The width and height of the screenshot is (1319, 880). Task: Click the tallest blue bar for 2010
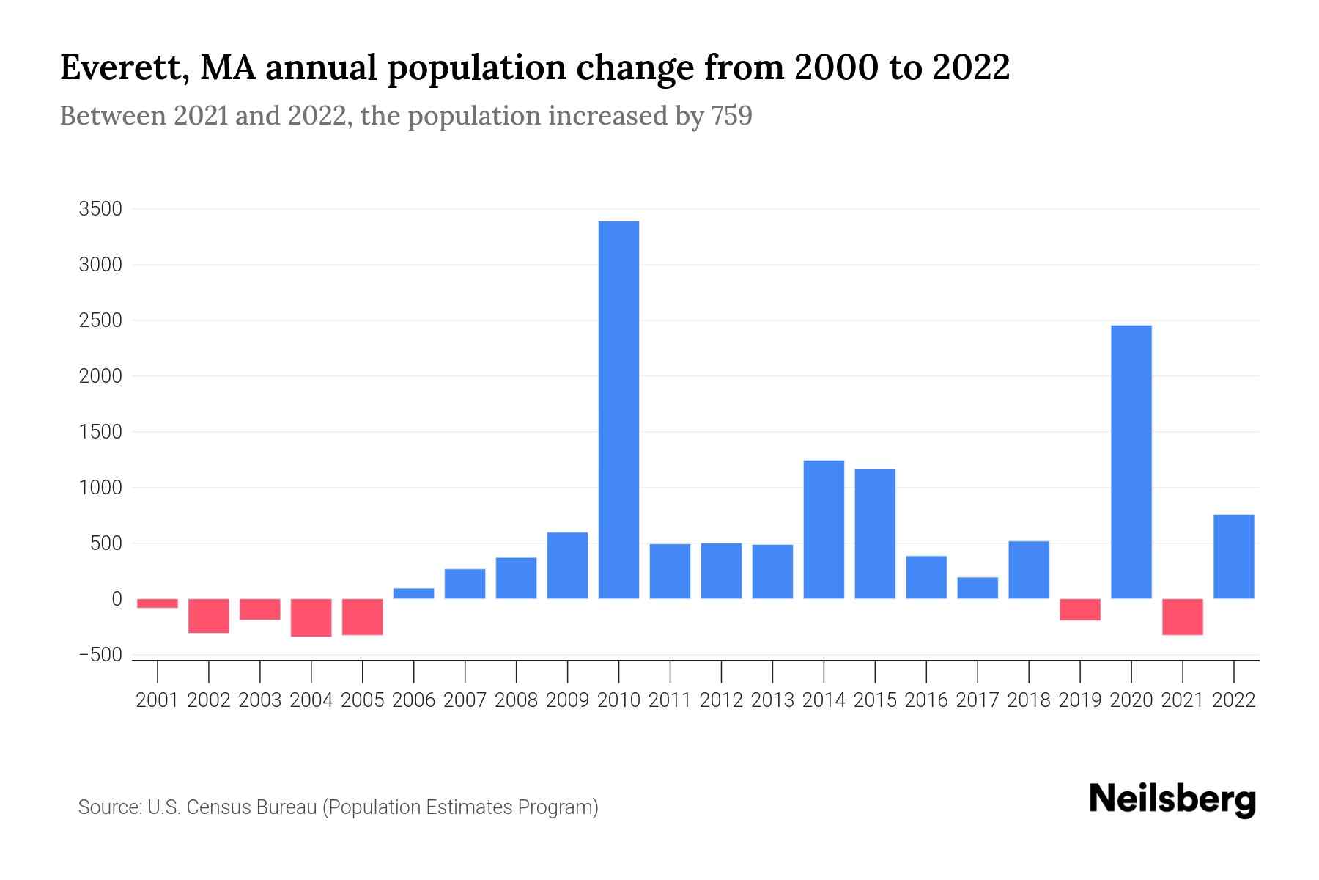pyautogui.click(x=618, y=411)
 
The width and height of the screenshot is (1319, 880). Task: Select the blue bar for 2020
pyautogui.click(x=1131, y=462)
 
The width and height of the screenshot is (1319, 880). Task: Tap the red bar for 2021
pyautogui.click(x=1182, y=617)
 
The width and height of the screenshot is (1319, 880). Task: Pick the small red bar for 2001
pyautogui.click(x=158, y=604)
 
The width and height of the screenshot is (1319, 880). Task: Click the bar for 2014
pyautogui.click(x=824, y=529)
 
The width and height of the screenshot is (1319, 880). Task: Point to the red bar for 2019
pyautogui.click(x=1079, y=609)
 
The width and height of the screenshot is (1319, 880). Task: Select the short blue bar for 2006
pyautogui.click(x=413, y=593)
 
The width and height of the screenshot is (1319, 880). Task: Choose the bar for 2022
pyautogui.click(x=1233, y=557)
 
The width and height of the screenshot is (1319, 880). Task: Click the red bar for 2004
pyautogui.click(x=311, y=617)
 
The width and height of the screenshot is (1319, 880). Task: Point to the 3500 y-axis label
pyautogui.click(x=100, y=209)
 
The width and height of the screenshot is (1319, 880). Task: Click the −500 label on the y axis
pyautogui.click(x=100, y=655)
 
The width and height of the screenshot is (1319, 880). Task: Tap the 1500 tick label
pyautogui.click(x=100, y=432)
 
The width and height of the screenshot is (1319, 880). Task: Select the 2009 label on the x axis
pyautogui.click(x=567, y=700)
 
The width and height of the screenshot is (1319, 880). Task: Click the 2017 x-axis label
pyautogui.click(x=977, y=700)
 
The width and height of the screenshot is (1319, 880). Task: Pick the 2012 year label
pyautogui.click(x=721, y=700)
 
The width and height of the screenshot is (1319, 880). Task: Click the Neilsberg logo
pyautogui.click(x=1172, y=799)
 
